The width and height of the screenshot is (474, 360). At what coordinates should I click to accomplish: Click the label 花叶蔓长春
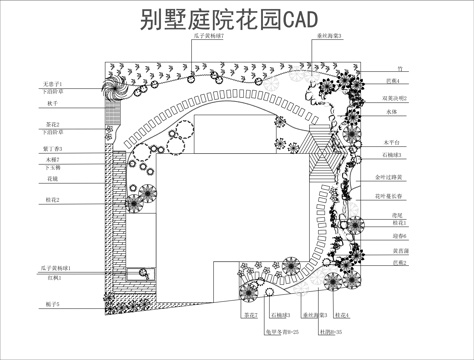click(389, 196)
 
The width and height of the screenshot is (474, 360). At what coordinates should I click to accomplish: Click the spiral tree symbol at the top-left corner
click(116, 87)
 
